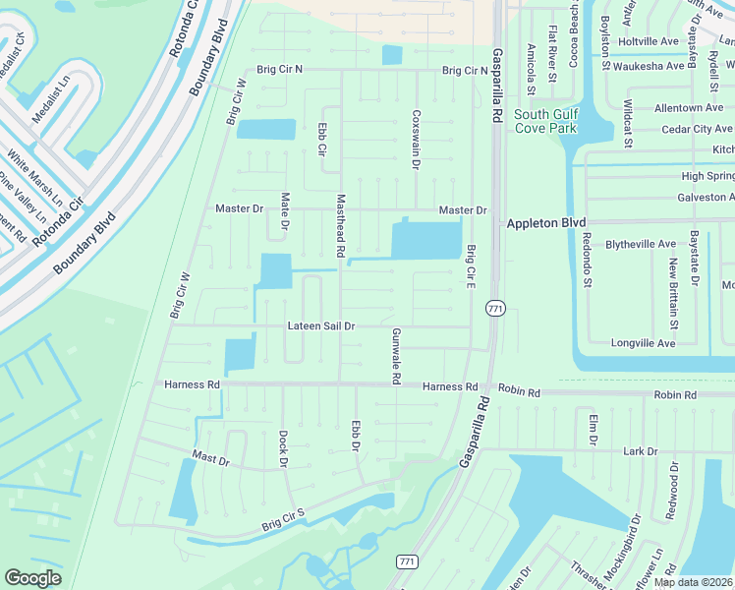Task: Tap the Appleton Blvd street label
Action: point(545,223)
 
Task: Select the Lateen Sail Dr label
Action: point(321,325)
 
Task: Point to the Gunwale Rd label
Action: point(396,356)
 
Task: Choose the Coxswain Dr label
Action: point(416,139)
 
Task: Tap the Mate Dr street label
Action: point(285,211)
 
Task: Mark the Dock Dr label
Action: point(283,447)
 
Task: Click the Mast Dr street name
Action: point(210,458)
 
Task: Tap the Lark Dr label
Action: point(640,451)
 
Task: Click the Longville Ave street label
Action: point(643,343)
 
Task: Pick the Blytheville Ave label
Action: point(641,244)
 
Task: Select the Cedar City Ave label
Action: point(699,129)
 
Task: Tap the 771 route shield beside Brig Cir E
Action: point(495,309)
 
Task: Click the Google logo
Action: point(32,578)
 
